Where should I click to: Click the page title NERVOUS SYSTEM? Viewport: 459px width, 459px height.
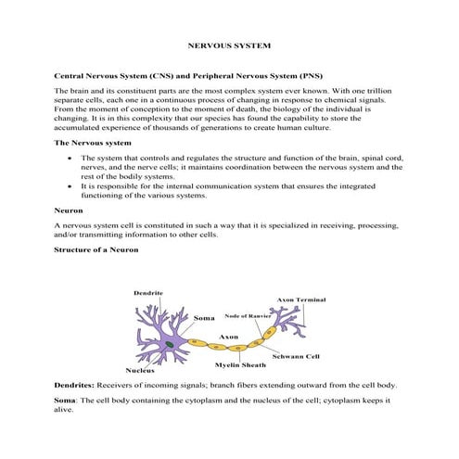point(229,44)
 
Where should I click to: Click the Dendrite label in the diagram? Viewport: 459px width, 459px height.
point(148,293)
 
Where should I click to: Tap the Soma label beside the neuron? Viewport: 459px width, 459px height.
point(203,319)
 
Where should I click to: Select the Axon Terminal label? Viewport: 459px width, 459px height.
point(301,300)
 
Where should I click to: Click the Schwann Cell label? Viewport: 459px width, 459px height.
point(296,356)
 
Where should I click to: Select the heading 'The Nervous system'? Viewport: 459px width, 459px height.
point(93,144)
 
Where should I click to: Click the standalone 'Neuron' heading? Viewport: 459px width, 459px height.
point(70,210)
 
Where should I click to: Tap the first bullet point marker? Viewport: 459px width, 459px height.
point(71,159)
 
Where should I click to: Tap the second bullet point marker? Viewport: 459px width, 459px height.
point(71,186)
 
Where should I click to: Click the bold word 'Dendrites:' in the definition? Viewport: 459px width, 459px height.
point(76,385)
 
